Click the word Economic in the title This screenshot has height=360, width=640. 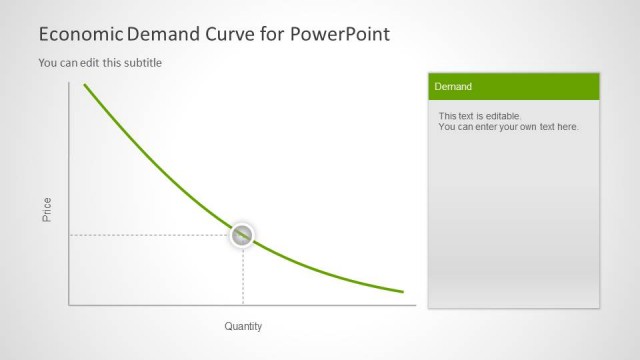[x=80, y=34]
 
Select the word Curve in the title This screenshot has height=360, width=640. [x=240, y=34]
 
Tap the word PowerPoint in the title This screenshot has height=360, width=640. [x=341, y=34]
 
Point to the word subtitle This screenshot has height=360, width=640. [x=141, y=63]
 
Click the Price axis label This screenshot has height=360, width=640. [x=47, y=209]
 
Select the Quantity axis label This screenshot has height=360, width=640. [x=243, y=326]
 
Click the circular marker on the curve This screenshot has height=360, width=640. [x=243, y=236]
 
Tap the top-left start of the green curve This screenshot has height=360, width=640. [x=84, y=85]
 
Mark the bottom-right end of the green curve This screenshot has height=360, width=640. [x=403, y=292]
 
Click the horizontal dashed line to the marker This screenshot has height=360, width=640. [x=150, y=236]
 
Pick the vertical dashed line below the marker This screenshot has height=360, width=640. [x=243, y=276]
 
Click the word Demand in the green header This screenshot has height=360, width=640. [x=453, y=87]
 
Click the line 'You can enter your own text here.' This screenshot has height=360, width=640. [x=508, y=127]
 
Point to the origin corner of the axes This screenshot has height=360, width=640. [x=69, y=305]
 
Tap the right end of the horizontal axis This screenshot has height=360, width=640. [x=415, y=305]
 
